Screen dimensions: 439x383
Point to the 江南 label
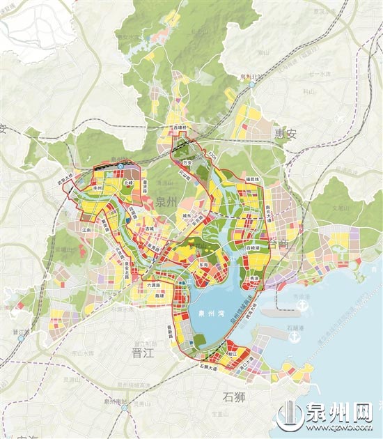point(87,229)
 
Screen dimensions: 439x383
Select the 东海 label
point(203,265)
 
